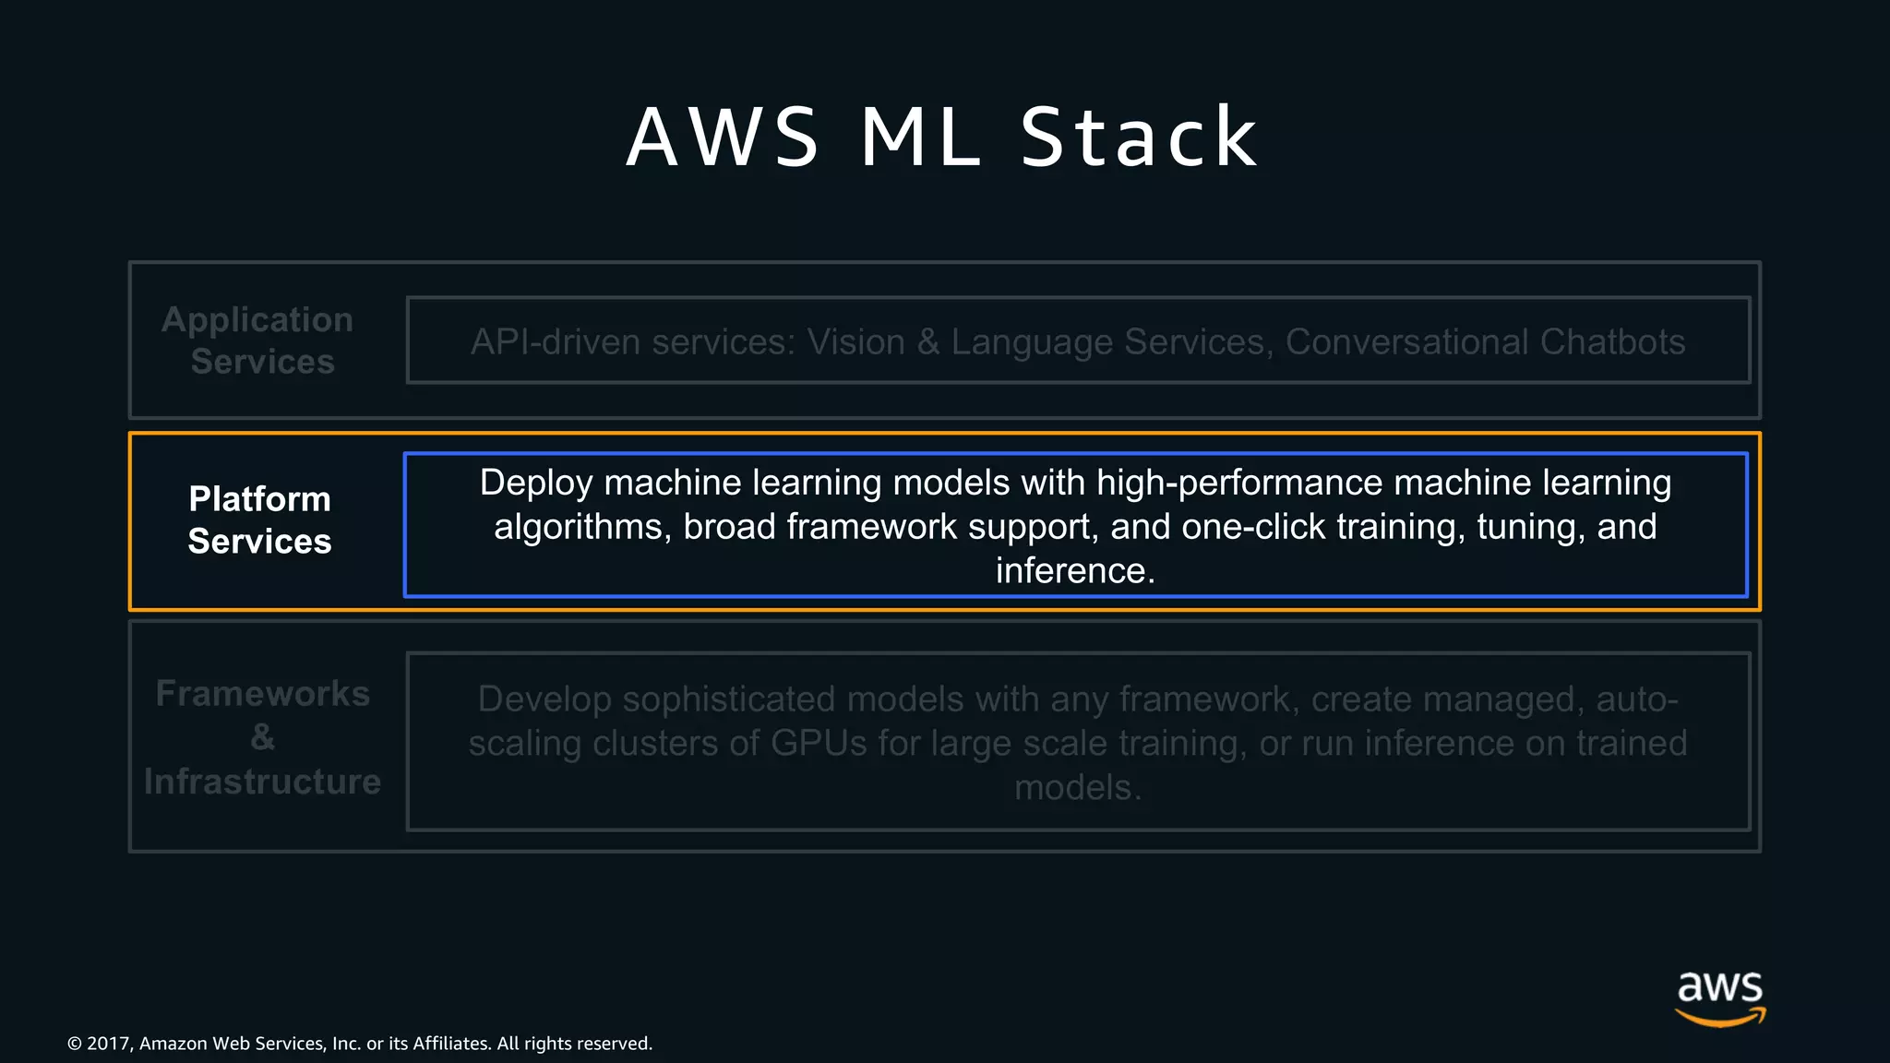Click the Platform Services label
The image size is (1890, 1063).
tap(259, 520)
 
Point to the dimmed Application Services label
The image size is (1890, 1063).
tap(258, 340)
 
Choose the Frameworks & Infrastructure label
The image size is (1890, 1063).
tap(262, 737)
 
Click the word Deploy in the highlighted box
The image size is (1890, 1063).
tap(534, 483)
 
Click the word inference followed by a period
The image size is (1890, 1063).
tap(1075, 571)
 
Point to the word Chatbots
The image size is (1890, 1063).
tap(1612, 342)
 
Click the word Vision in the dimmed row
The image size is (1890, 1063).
tap(856, 342)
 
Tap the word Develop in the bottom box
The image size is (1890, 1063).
tap(544, 699)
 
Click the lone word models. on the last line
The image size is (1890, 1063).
tap(1078, 787)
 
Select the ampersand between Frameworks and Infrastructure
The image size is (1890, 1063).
tap(262, 737)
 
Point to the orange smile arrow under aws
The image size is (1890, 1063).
tap(1719, 1018)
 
